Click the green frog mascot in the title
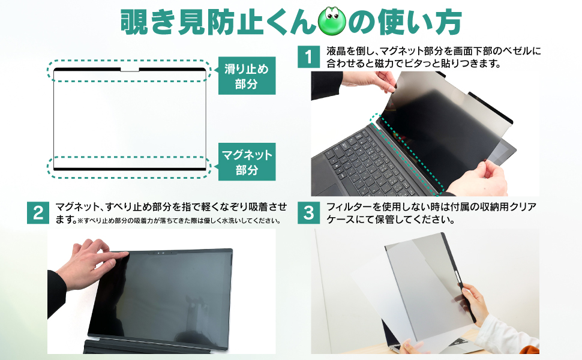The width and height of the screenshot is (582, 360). tap(332, 22)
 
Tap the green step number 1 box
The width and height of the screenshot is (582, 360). tap(309, 57)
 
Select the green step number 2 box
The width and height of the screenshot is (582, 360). tap(38, 212)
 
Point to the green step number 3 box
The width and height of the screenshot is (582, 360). tap(309, 212)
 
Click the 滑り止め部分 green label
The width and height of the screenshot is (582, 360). tap(247, 76)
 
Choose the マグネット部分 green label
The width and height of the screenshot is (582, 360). tap(247, 162)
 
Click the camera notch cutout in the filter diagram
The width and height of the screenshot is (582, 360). tap(130, 70)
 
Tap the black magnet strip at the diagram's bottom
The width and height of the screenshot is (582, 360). tap(130, 169)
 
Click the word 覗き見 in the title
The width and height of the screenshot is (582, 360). tap(163, 22)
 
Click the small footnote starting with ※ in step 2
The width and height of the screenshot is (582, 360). tap(179, 220)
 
